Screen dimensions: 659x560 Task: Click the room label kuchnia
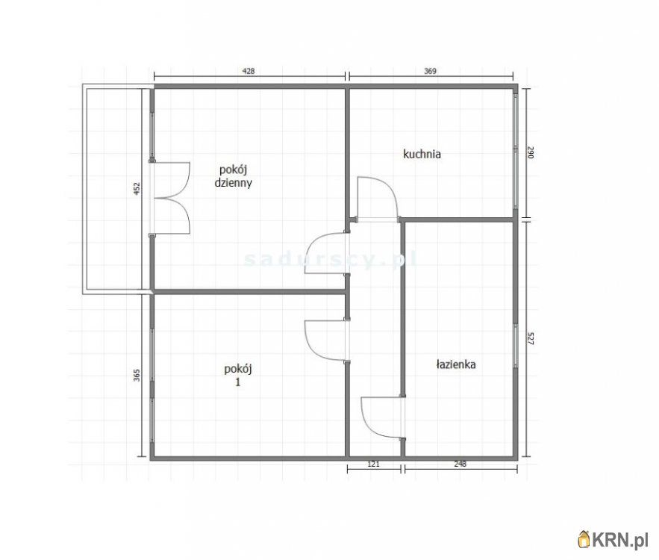[x=422, y=155]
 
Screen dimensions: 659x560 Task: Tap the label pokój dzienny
[x=234, y=176]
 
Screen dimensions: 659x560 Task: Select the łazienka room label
[x=456, y=364]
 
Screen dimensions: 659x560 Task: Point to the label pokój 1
[x=238, y=375]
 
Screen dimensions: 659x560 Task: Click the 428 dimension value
[x=249, y=71]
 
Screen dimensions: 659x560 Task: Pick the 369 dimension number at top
[x=430, y=71]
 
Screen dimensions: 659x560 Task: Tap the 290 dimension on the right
[x=530, y=152]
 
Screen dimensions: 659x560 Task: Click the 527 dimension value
[x=530, y=338]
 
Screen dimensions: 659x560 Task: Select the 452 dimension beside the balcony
[x=137, y=189]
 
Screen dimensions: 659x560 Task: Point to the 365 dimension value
[x=137, y=375]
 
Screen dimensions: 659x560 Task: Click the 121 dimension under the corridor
[x=373, y=464]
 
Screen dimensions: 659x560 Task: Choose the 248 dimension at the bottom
[x=460, y=464]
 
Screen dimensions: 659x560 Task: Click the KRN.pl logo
[x=613, y=539]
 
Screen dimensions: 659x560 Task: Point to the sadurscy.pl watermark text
[x=331, y=259]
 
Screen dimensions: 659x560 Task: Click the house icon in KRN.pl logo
[x=584, y=539]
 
